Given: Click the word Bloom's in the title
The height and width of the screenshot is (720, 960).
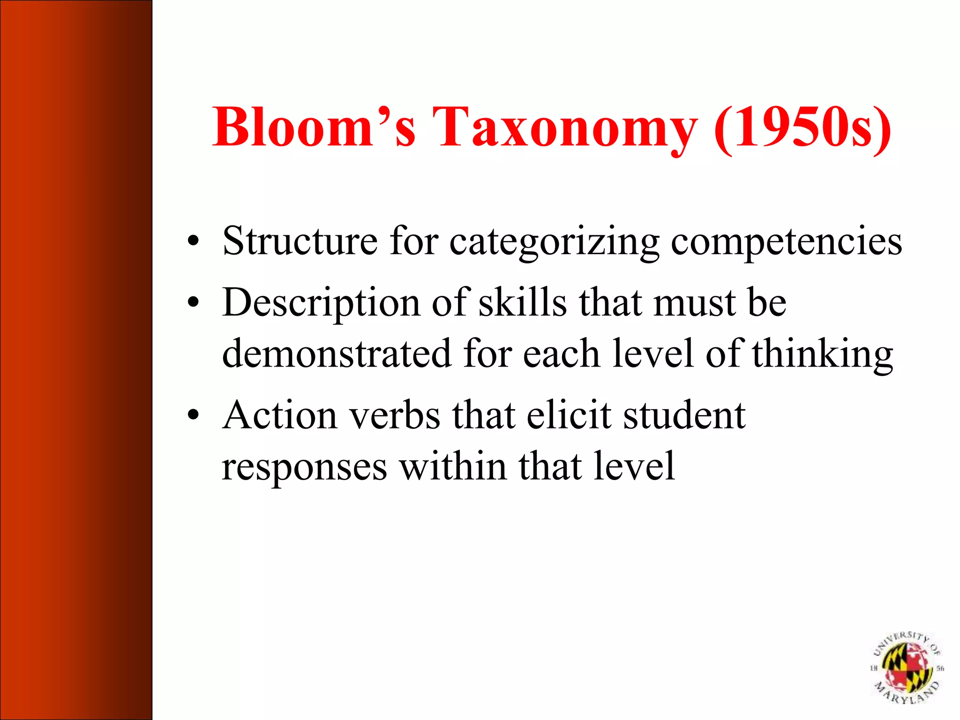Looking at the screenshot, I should click(x=314, y=127).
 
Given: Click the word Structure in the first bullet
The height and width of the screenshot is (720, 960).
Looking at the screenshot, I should click(x=300, y=241).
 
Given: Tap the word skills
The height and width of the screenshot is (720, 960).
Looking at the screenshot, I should click(x=522, y=302).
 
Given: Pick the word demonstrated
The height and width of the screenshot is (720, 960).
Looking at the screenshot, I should click(x=337, y=353).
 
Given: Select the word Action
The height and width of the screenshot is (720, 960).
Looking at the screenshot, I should click(x=279, y=415).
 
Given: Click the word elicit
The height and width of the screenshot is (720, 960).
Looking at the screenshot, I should click(x=569, y=415).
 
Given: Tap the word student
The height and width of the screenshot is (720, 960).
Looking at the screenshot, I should click(x=684, y=415).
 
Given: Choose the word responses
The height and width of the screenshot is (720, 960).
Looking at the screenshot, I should click(x=304, y=467).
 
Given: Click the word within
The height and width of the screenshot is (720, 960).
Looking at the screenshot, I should click(x=453, y=466).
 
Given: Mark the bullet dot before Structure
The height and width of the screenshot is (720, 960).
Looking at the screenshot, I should click(x=193, y=242).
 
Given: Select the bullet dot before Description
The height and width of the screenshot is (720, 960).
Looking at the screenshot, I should click(x=193, y=303).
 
